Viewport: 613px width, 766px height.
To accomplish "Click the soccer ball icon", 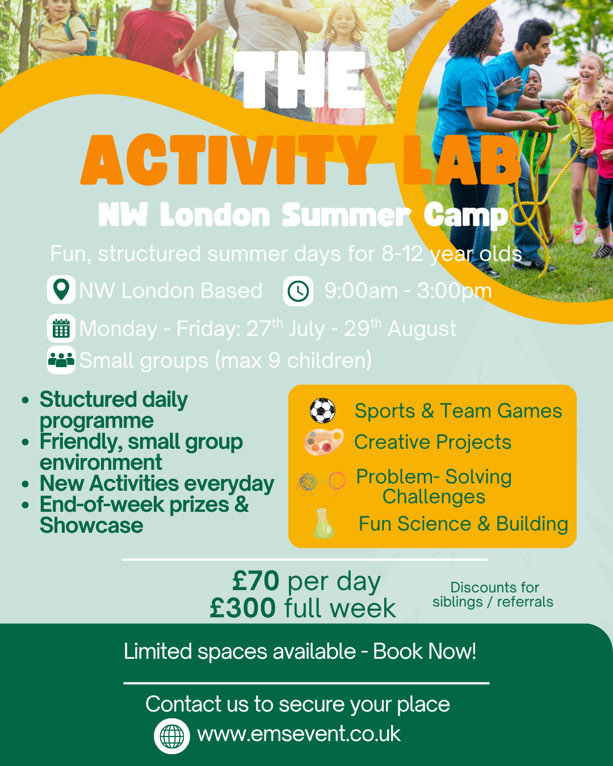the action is tap(322, 410).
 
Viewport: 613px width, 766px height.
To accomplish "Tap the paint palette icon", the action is tap(324, 442).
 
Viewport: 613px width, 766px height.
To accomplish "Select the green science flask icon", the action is tap(324, 523).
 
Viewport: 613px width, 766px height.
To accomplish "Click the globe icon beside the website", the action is tap(171, 736).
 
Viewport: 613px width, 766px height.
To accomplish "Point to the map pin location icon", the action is tap(61, 289).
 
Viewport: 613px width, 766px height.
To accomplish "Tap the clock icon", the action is tap(298, 291).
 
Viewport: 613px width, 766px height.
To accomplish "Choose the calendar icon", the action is tap(61, 328).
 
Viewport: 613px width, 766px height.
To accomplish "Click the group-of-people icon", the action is tap(61, 360).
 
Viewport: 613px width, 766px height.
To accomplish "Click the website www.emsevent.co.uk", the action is tap(299, 734).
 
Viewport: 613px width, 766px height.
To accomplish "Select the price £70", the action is tap(256, 580).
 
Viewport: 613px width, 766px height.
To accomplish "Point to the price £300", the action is tap(242, 608).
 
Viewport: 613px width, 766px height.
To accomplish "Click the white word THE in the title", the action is tap(300, 79).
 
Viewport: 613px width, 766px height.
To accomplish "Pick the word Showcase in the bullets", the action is tap(91, 525).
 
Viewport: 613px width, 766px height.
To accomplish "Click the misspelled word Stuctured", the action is tap(88, 399).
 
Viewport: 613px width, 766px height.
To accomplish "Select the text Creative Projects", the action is tap(433, 442).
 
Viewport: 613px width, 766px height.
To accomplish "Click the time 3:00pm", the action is tap(454, 292).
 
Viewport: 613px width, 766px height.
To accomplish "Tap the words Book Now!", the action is tap(424, 651).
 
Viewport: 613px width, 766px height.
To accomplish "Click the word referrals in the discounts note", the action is tap(525, 602).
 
